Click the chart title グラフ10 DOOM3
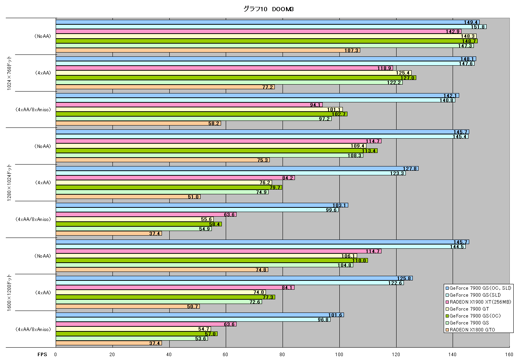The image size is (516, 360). click(x=268, y=9)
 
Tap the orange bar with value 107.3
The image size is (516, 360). click(x=208, y=50)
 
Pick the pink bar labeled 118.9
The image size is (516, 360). click(x=224, y=68)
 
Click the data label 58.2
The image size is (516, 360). click(x=213, y=123)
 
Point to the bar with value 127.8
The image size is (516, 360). click(x=237, y=168)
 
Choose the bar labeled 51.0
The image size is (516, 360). click(x=128, y=197)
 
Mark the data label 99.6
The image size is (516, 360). click(x=331, y=210)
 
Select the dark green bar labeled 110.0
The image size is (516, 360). click(x=212, y=260)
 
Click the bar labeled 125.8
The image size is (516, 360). click(x=234, y=278)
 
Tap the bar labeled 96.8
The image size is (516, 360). click(x=193, y=319)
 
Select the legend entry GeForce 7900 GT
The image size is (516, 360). click(x=467, y=309)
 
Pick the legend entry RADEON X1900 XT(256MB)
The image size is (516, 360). click(x=478, y=302)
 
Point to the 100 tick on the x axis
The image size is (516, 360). click(x=339, y=355)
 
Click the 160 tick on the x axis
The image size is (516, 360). click(x=509, y=355)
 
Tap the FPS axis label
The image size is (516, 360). click(x=42, y=355)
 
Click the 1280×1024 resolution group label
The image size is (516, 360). click(x=9, y=183)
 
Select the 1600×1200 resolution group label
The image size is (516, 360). click(x=9, y=292)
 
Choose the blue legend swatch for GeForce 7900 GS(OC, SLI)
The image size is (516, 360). click(x=447, y=288)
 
